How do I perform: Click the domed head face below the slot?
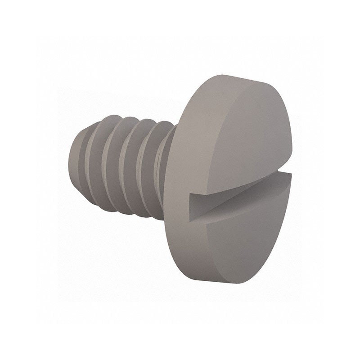[243, 243]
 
